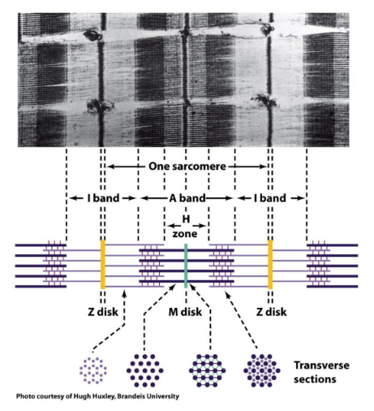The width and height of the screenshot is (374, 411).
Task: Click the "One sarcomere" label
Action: (187, 167)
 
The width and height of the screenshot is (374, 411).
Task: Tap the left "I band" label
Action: (103, 198)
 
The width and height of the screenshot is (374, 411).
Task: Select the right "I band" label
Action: (270, 198)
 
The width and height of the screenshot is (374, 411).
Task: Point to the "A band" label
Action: (187, 198)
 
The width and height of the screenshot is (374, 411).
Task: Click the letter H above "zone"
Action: (186, 219)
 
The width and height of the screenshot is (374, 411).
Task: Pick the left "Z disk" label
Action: (103, 312)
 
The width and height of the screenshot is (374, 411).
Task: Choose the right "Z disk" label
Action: (271, 312)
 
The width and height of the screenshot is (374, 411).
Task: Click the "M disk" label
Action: (185, 312)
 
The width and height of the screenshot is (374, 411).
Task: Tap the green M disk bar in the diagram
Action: (186, 266)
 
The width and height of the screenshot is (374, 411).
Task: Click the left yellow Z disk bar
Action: (103, 265)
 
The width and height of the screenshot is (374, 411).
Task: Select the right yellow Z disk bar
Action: (270, 265)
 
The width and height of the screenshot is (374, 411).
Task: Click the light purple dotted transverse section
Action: (93, 370)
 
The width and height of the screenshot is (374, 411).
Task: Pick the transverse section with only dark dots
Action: (144, 370)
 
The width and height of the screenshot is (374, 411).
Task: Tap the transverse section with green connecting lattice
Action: (207, 370)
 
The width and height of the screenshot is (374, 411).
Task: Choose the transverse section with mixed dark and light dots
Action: (262, 370)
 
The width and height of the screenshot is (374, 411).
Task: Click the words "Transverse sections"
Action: (321, 372)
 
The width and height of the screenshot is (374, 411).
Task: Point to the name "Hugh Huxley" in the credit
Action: (95, 396)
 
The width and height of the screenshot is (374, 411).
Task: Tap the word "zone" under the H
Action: (185, 233)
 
